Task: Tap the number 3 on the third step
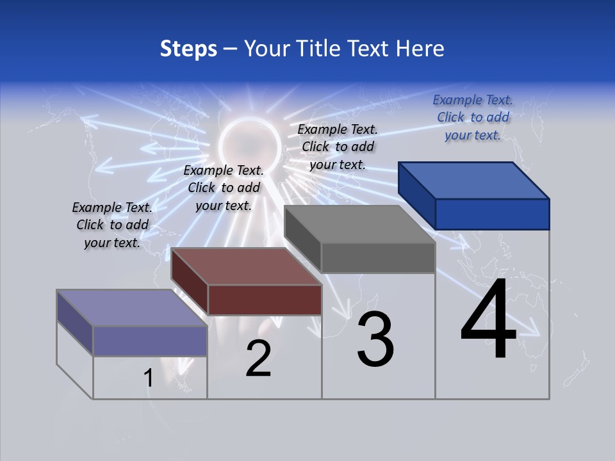pos(375,339)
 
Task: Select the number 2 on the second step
pos(258,359)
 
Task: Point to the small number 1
pos(148,378)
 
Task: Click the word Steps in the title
pos(188,49)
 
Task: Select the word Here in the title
pos(420,49)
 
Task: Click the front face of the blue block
pos(492,214)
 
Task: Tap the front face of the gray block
pos(378,258)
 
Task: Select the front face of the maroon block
pos(265,300)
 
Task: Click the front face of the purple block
pos(150,341)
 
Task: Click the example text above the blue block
pos(473,117)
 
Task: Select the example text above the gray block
pos(338,147)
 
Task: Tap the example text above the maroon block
pos(224,188)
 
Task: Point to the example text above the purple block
pos(112,225)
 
